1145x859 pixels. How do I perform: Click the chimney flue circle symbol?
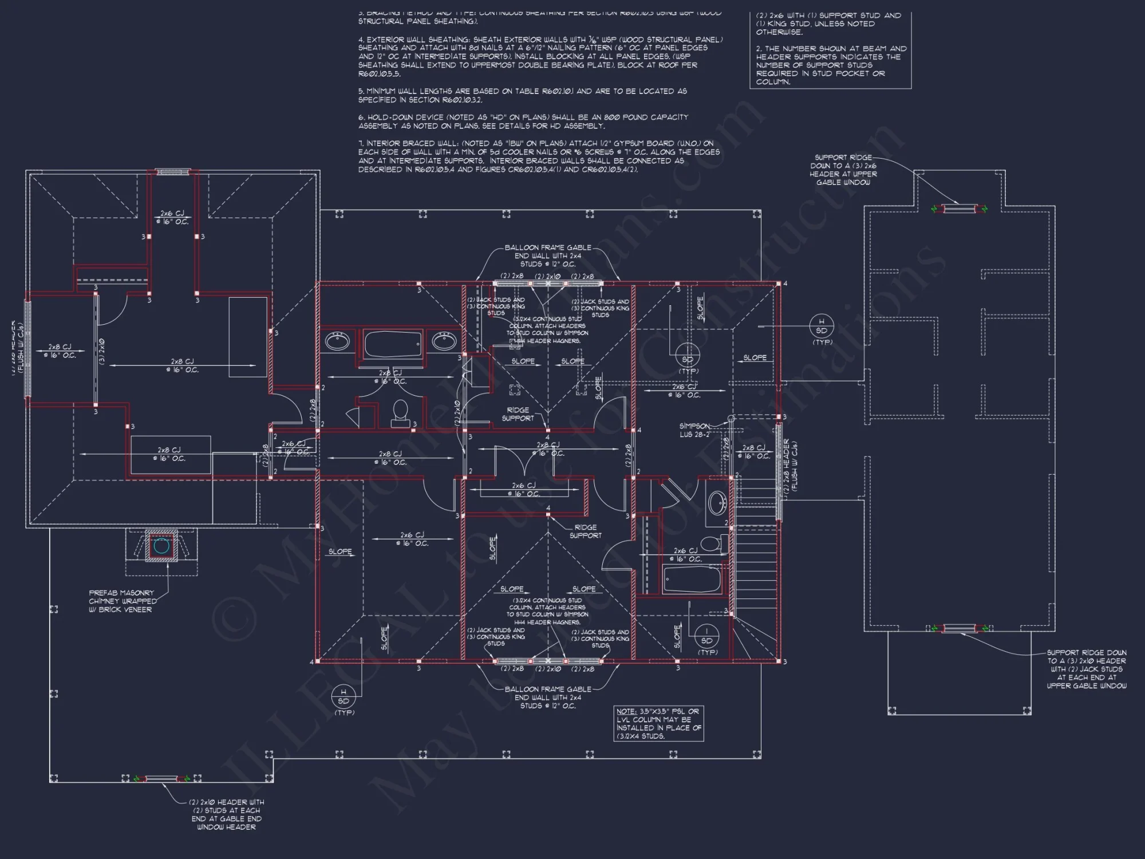pyautogui.click(x=161, y=546)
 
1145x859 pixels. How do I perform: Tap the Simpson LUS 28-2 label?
pyautogui.click(x=694, y=430)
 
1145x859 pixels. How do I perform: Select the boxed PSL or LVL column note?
pyautogui.click(x=658, y=723)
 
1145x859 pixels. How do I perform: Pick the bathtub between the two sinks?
pyautogui.click(x=393, y=344)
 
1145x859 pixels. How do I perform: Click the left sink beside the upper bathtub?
pyautogui.click(x=337, y=342)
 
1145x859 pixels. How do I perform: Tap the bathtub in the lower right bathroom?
pyautogui.click(x=692, y=580)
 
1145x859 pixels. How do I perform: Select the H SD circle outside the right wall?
pyautogui.click(x=822, y=326)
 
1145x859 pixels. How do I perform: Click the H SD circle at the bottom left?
pyautogui.click(x=343, y=696)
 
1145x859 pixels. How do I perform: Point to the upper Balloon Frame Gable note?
pyautogui.click(x=548, y=256)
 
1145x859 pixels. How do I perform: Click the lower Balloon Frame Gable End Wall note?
pyautogui.click(x=548, y=698)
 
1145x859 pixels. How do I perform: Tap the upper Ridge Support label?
pyautogui.click(x=518, y=414)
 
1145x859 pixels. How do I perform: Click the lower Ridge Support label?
pyautogui.click(x=585, y=531)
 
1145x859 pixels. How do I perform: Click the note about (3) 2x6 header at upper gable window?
pyautogui.click(x=843, y=170)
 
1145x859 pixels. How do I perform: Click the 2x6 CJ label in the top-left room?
pyautogui.click(x=172, y=217)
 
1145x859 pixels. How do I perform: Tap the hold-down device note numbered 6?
pyautogui.click(x=523, y=121)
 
